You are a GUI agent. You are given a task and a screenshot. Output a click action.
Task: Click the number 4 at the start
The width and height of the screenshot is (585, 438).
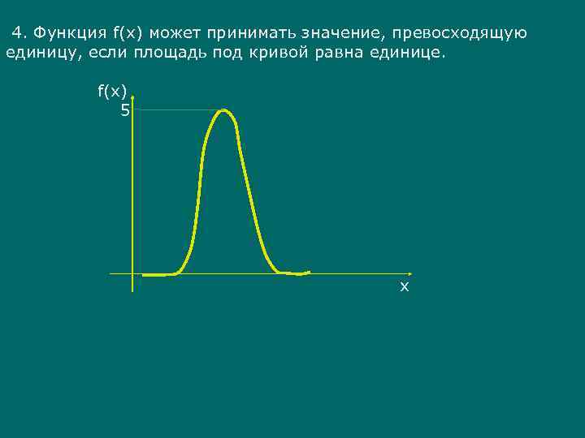18,33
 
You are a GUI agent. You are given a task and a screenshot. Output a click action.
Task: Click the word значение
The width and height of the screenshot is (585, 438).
340,33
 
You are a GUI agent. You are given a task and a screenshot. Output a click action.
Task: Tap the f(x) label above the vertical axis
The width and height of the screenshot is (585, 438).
112,92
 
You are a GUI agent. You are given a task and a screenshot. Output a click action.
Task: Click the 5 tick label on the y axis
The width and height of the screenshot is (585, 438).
124,110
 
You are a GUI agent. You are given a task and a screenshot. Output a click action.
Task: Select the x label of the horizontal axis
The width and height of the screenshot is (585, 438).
404,287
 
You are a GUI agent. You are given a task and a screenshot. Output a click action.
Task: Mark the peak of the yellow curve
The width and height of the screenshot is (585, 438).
223,110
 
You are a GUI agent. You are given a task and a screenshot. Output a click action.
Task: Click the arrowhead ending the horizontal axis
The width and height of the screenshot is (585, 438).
409,273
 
